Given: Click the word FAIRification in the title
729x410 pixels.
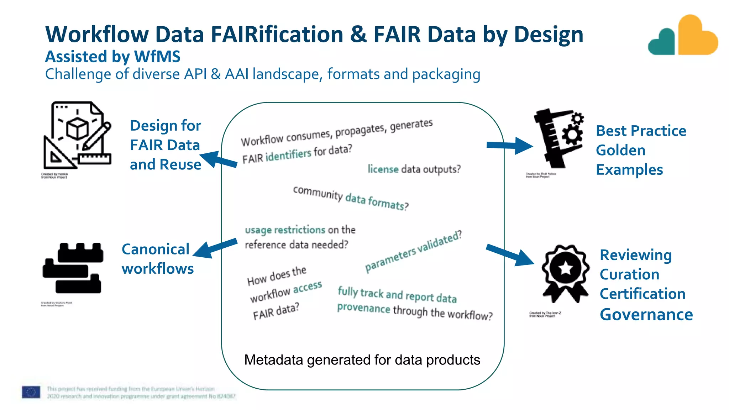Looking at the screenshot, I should pyautogui.click(x=277, y=35).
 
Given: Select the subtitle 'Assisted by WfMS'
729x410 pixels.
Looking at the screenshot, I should pyautogui.click(x=112, y=57).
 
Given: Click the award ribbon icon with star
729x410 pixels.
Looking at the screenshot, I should pyautogui.click(x=565, y=272).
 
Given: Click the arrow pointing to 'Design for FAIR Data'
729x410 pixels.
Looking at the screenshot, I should pyautogui.click(x=218, y=159).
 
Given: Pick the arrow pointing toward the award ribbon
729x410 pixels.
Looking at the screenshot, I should pyautogui.click(x=510, y=255).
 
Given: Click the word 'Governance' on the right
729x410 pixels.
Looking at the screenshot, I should pyautogui.click(x=646, y=315).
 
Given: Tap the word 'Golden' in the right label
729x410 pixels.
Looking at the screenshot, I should pyautogui.click(x=620, y=150).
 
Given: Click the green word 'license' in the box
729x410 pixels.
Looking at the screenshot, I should pyautogui.click(x=383, y=169).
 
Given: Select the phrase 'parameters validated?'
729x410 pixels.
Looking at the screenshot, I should pyautogui.click(x=413, y=251).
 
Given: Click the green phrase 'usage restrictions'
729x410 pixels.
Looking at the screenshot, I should pyautogui.click(x=285, y=230).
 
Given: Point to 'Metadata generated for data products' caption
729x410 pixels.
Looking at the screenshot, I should pyautogui.click(x=362, y=360).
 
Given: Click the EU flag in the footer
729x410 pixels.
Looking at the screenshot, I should pyautogui.click(x=31, y=392).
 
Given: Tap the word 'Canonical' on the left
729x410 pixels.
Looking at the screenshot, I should pyautogui.click(x=155, y=249).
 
